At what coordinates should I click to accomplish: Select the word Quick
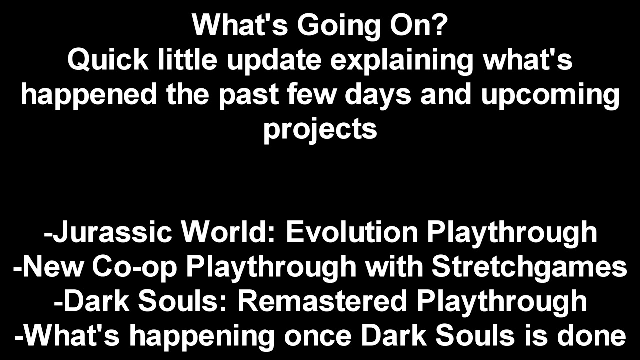[108, 61]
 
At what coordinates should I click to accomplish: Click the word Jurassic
[112, 232]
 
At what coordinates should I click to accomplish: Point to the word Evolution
[352, 232]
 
